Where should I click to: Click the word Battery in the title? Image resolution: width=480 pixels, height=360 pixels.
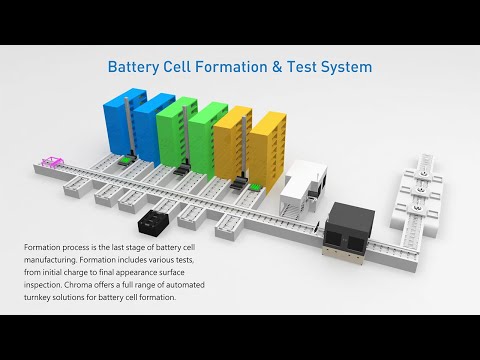coord(134,67)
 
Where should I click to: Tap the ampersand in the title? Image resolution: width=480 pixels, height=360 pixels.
coord(277,67)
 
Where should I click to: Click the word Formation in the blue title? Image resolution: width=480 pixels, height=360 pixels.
coord(231,67)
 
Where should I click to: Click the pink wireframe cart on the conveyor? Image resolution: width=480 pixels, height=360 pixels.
coord(52,161)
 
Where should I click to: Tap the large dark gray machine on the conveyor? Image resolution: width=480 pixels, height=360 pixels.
coord(349,228)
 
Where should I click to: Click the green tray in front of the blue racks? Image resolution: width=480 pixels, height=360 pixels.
coord(125,161)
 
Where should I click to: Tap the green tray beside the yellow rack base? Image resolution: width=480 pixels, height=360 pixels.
coord(256,187)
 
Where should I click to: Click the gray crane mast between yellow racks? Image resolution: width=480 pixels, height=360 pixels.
coord(244,148)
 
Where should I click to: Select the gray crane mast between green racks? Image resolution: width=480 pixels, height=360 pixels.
coord(186,136)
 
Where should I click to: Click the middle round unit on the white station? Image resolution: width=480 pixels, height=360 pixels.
coord(421,190)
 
